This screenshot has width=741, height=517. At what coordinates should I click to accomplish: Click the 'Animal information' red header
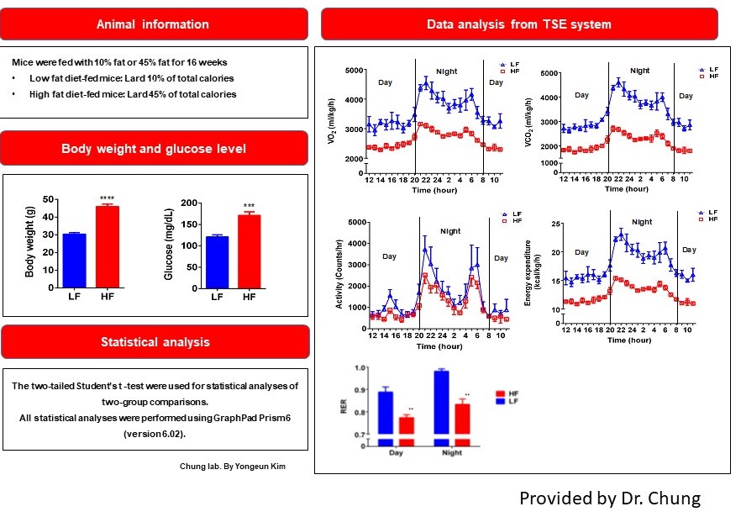click(154, 24)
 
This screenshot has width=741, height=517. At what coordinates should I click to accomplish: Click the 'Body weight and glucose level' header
click(154, 149)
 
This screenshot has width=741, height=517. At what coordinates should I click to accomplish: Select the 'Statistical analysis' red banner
click(154, 342)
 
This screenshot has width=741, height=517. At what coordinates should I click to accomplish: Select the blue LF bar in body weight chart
click(75, 260)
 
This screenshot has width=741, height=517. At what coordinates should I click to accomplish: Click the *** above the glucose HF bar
click(249, 207)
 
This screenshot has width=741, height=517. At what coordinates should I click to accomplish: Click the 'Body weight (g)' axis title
click(30, 244)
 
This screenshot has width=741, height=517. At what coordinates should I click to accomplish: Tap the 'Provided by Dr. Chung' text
click(609, 498)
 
